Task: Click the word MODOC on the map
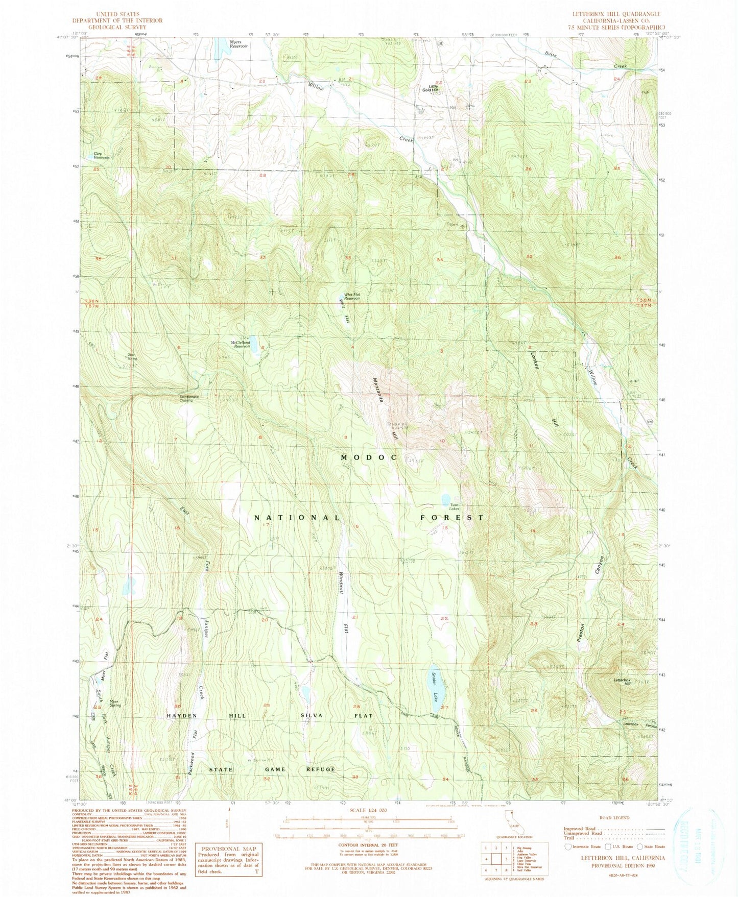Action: pyautogui.click(x=368, y=457)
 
